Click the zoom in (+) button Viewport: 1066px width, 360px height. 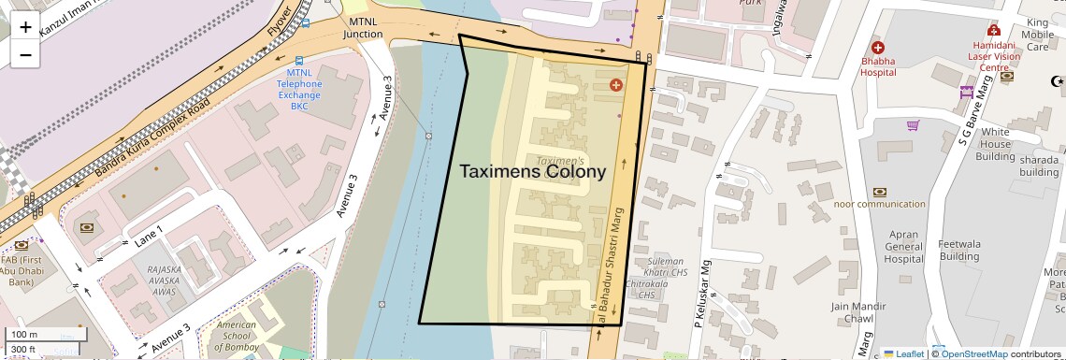[x=25, y=26]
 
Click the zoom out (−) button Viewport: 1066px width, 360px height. [x=25, y=54]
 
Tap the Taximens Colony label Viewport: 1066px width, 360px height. [x=532, y=171]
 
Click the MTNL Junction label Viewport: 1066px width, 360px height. [x=364, y=27]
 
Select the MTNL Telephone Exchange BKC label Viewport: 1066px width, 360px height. [x=299, y=89]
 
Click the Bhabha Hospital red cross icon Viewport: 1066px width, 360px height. [x=877, y=48]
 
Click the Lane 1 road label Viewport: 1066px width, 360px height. [x=148, y=235]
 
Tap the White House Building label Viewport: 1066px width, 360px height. [x=995, y=144]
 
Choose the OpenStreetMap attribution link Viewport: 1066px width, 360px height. [x=973, y=354]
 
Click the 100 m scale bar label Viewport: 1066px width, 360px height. [x=24, y=335]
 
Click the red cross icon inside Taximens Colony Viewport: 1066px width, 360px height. [x=615, y=85]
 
